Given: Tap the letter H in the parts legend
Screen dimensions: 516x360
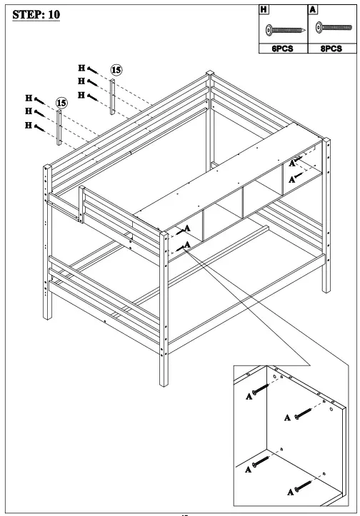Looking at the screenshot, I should [x=264, y=11].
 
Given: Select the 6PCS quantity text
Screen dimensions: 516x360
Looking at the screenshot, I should [x=284, y=49].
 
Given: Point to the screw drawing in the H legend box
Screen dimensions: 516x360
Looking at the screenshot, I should [x=285, y=30].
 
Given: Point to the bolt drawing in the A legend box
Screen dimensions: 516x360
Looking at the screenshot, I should [x=334, y=29].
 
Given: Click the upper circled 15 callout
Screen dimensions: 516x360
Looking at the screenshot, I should [x=116, y=70].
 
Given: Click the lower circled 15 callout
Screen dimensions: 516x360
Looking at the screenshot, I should [x=61, y=103].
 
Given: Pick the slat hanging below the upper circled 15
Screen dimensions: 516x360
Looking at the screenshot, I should [x=113, y=96].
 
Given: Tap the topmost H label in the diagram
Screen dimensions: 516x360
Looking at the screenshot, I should [x=82, y=69].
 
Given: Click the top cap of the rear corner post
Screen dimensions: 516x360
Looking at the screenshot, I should [x=210, y=73].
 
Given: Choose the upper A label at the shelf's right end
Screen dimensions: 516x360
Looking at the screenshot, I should [x=294, y=163].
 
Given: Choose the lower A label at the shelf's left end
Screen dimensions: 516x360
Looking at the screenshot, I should [x=186, y=245].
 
